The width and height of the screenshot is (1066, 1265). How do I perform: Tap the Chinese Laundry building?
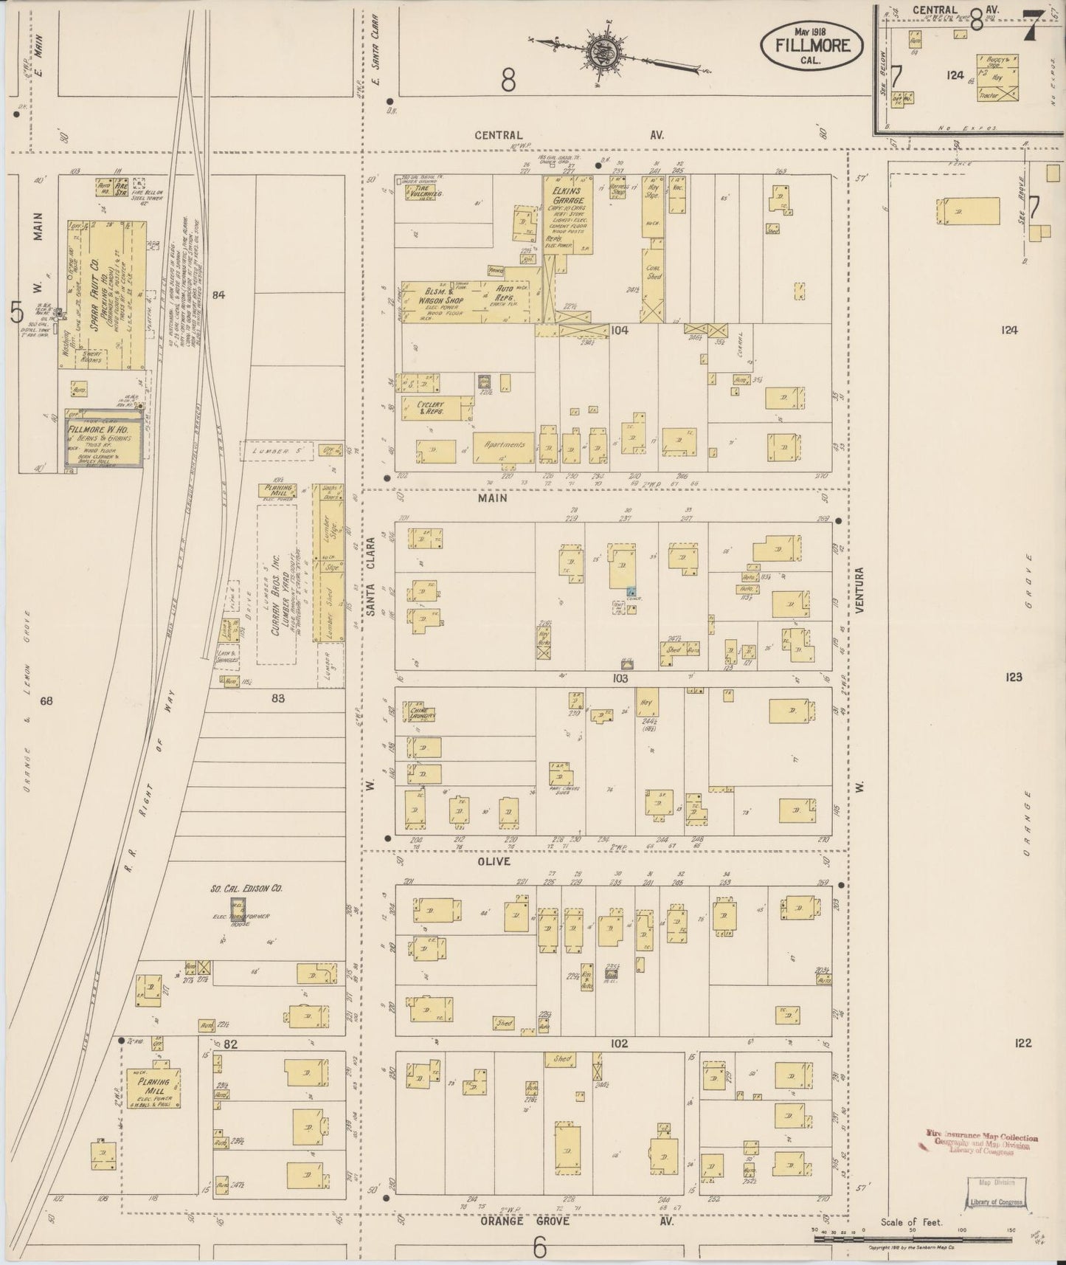(423, 713)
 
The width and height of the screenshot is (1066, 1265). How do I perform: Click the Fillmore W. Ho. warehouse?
(103, 444)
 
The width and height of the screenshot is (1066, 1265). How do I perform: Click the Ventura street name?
(860, 589)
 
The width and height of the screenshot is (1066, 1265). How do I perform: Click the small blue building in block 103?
(631, 591)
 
